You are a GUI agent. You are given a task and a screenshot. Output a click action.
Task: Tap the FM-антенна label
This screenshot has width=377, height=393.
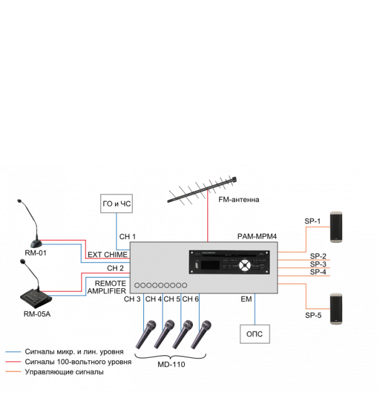point(239,200)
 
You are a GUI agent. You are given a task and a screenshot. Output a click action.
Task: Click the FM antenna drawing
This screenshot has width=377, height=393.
point(202,190)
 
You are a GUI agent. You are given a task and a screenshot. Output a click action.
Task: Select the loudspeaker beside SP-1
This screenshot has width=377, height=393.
point(336,227)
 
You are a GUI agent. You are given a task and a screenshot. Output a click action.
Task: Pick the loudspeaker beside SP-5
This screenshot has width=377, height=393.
point(336,309)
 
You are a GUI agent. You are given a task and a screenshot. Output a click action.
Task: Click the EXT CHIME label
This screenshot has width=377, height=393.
point(107,255)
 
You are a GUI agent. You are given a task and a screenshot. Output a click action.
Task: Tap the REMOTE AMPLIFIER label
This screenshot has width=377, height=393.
point(107,288)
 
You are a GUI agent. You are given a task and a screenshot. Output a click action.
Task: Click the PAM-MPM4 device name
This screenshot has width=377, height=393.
point(257,236)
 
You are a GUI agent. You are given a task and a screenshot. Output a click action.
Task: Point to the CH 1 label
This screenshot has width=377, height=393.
point(128,237)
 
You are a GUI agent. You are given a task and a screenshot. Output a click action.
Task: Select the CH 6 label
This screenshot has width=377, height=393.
point(190,299)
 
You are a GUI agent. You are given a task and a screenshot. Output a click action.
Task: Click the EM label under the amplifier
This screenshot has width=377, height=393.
point(246,299)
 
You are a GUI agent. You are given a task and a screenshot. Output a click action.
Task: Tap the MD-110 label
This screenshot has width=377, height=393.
point(172,364)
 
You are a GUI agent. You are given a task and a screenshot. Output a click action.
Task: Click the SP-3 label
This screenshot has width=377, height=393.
point(318,264)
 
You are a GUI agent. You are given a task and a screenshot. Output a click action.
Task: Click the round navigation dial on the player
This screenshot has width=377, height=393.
point(244,266)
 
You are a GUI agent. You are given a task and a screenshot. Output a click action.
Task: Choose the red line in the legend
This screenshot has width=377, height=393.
point(13,362)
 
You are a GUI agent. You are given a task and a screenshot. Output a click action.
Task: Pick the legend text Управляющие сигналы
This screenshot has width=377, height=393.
point(64,372)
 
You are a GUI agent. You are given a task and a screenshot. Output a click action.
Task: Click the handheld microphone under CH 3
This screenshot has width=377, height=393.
point(146,335)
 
